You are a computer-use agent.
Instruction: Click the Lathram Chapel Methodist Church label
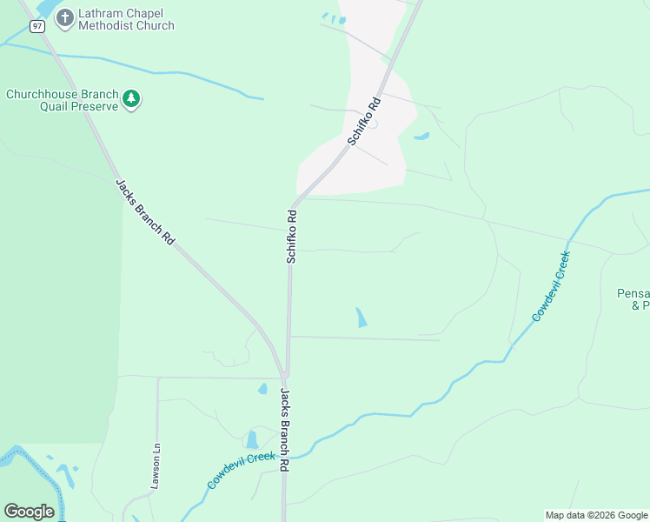coord(126,18)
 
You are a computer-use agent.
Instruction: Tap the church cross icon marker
coord(65,17)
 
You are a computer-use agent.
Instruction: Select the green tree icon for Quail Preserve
coord(131,99)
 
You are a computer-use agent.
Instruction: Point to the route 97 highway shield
coord(36,26)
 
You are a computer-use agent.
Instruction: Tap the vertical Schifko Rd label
coord(292,235)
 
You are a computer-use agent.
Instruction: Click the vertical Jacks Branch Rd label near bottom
coord(283,430)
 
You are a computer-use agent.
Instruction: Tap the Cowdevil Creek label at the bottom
coord(242,471)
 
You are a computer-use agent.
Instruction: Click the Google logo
coord(29,512)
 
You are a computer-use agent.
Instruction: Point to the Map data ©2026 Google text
coord(596,515)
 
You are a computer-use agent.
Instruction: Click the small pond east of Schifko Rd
coord(360,318)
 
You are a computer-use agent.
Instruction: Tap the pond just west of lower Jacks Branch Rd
coord(252,439)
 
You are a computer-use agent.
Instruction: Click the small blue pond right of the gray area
coord(421,137)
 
